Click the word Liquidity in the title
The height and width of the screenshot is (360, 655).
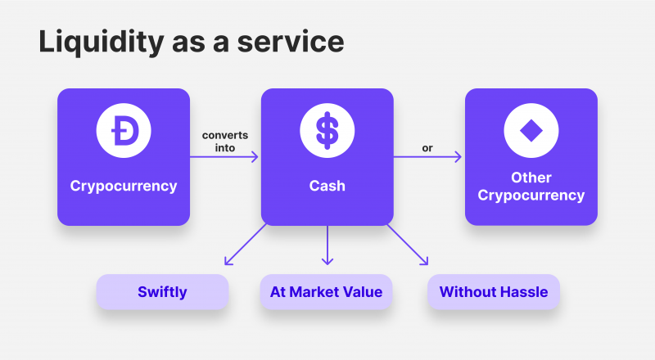pyautogui.click(x=102, y=43)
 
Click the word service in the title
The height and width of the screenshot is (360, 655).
pyautogui.click(x=291, y=43)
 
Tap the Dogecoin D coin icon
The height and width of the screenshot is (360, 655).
pyautogui.click(x=124, y=130)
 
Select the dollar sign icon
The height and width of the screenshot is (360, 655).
pyautogui.click(x=327, y=130)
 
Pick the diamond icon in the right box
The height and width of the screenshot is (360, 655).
pyautogui.click(x=531, y=130)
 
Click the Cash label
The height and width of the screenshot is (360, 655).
pyautogui.click(x=327, y=186)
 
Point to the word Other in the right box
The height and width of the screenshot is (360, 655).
pyautogui.click(x=531, y=178)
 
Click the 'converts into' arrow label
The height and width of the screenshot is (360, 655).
pyautogui.click(x=224, y=142)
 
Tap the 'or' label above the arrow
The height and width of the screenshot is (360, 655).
pyautogui.click(x=427, y=148)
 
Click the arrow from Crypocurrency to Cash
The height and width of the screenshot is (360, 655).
pyautogui.click(x=224, y=157)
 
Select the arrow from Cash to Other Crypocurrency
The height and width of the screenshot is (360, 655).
pyautogui.click(x=427, y=157)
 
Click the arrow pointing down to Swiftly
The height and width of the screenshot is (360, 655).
pyautogui.click(x=245, y=245)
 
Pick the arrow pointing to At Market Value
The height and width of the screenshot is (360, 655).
pyautogui.click(x=327, y=245)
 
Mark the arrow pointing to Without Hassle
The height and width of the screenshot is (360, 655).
pyautogui.click(x=408, y=245)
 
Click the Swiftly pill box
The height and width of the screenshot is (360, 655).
pyautogui.click(x=162, y=292)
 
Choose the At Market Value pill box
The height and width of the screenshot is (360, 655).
pyautogui.click(x=326, y=292)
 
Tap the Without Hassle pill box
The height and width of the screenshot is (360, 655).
pyautogui.click(x=494, y=292)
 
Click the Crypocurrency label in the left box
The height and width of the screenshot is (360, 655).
pyautogui.click(x=124, y=187)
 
